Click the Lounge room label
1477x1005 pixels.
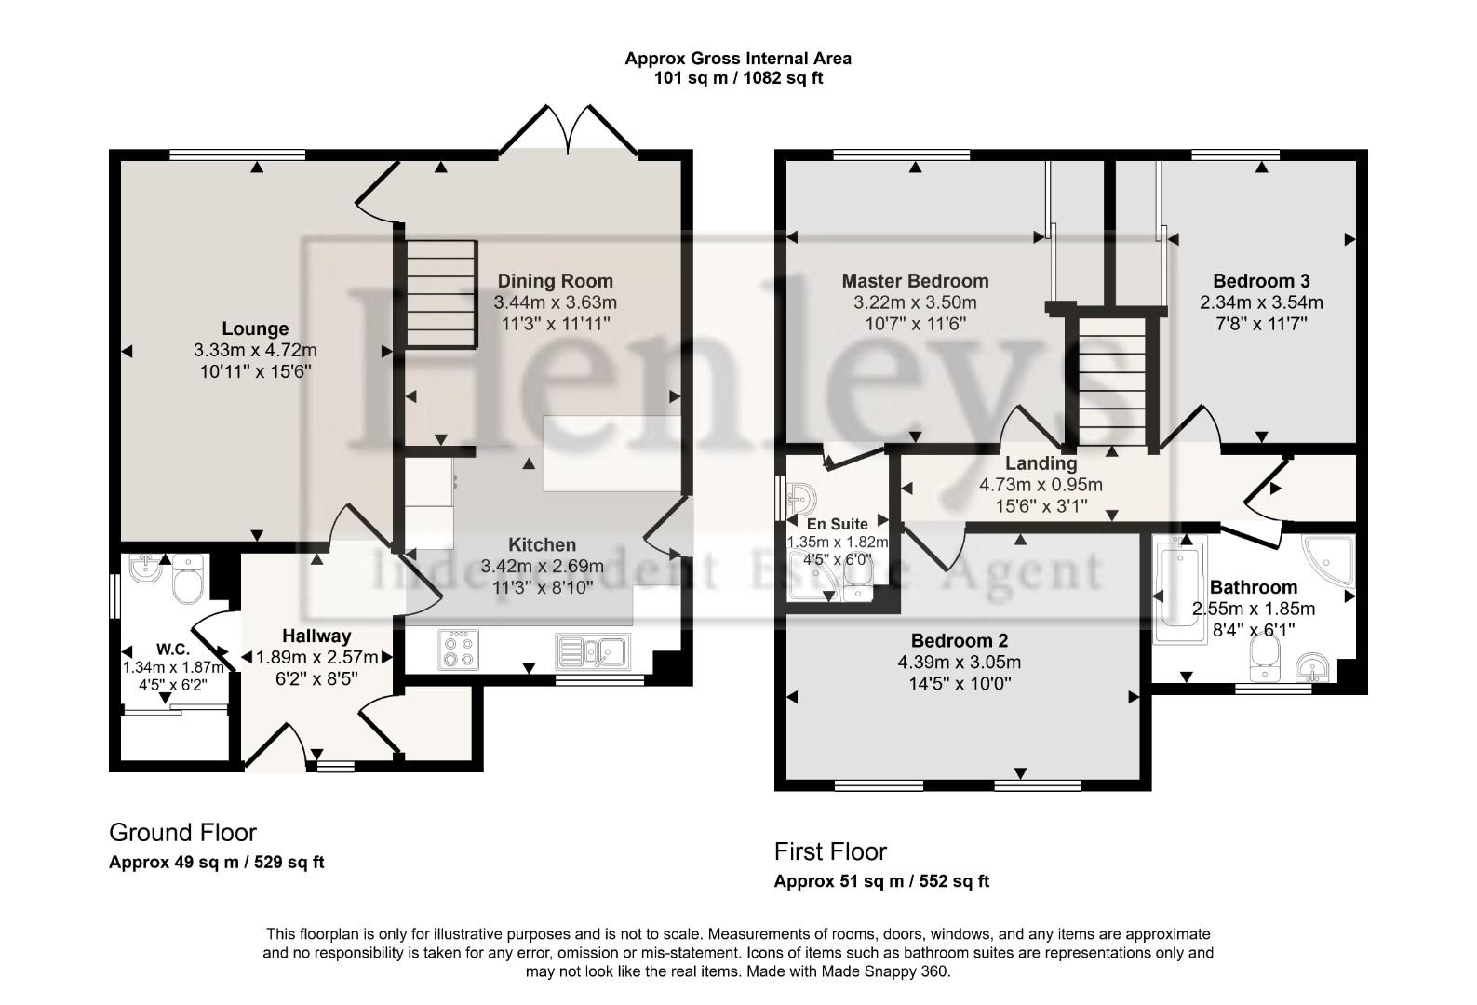pyautogui.click(x=255, y=328)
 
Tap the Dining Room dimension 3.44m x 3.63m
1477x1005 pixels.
pyautogui.click(x=555, y=302)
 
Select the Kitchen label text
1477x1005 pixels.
pyautogui.click(x=542, y=545)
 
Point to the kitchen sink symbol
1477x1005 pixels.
pyautogui.click(x=593, y=650)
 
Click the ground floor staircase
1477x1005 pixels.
pyautogui.click(x=440, y=293)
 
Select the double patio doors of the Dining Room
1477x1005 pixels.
pyautogui.click(x=568, y=130)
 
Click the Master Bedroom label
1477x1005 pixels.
pyautogui.click(x=915, y=281)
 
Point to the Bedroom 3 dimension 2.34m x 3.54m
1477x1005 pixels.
pyautogui.click(x=1261, y=302)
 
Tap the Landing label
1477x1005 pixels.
pyautogui.click(x=1041, y=463)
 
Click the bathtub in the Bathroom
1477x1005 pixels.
pyautogui.click(x=1177, y=589)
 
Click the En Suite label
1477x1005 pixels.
pyautogui.click(x=837, y=524)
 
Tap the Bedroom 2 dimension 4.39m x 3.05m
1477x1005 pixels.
pyautogui.click(x=959, y=663)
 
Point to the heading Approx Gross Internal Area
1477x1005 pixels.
pyautogui.click(x=737, y=58)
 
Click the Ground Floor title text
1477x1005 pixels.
pyautogui.click(x=182, y=832)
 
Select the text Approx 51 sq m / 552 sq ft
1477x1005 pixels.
pyautogui.click(x=881, y=881)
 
